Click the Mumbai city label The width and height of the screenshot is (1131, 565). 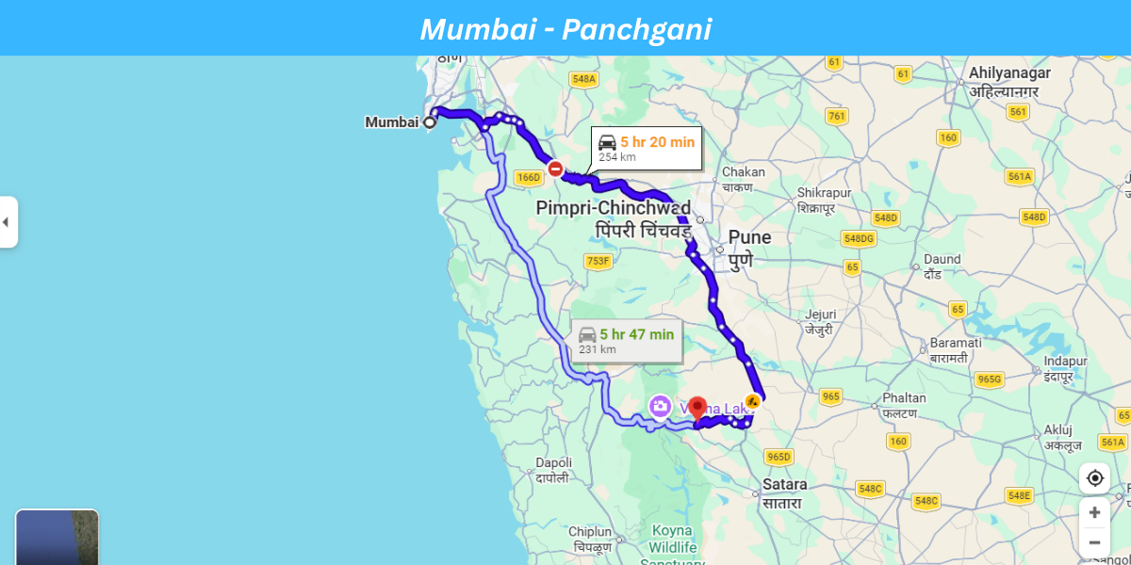tap(391, 121)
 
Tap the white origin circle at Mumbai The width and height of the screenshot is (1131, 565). tap(430, 121)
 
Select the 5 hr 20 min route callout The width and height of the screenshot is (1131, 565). tap(647, 149)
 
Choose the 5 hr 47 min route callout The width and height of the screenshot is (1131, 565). tap(627, 341)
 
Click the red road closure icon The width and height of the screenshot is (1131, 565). tap(556, 169)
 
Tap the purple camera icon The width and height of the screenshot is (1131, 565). tap(660, 407)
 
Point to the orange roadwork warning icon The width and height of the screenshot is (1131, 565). tap(752, 400)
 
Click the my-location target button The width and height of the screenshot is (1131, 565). tap(1094, 477)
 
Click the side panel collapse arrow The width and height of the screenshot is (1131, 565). tap(7, 222)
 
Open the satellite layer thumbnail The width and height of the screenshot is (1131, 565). tap(57, 538)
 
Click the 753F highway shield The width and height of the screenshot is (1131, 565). tap(598, 261)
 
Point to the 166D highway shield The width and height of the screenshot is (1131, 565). tap(530, 177)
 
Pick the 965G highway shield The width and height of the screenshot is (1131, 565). tap(989, 379)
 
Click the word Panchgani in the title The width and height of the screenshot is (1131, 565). tap(636, 29)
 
